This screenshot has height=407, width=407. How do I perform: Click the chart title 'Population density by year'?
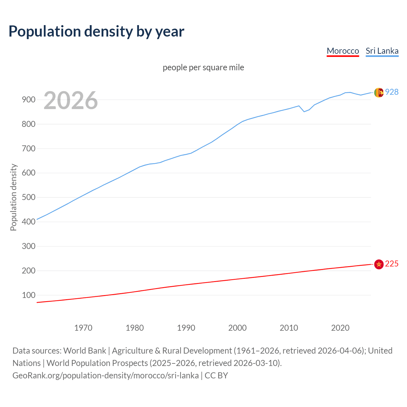(x=96, y=31)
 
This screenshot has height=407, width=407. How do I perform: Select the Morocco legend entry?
(x=343, y=51)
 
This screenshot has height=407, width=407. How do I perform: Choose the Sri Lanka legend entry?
(x=382, y=51)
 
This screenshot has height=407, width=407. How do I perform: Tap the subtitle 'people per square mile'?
(x=203, y=67)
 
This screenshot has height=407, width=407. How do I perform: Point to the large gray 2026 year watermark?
(x=71, y=100)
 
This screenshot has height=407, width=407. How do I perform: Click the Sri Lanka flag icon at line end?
(x=379, y=93)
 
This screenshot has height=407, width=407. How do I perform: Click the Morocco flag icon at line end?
(x=379, y=264)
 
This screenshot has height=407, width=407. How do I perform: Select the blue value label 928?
(x=392, y=92)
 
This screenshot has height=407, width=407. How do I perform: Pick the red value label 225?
(x=392, y=264)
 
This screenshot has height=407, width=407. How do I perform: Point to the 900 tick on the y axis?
(x=29, y=100)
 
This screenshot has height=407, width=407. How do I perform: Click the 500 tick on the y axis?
(x=29, y=197)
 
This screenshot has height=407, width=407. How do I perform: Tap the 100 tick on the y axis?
(x=29, y=295)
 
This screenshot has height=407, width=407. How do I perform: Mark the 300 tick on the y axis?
(x=29, y=246)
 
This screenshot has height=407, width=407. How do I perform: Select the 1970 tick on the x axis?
(x=83, y=328)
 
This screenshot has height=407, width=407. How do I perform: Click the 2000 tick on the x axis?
(x=238, y=328)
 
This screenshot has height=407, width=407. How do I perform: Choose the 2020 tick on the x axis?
(x=340, y=328)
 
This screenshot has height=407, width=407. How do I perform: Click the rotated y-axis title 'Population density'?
(x=13, y=197)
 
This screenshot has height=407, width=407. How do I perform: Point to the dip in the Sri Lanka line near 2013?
(x=304, y=111)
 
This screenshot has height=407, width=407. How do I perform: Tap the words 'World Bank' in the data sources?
(x=85, y=350)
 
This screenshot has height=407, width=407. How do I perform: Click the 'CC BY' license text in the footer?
(x=216, y=375)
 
